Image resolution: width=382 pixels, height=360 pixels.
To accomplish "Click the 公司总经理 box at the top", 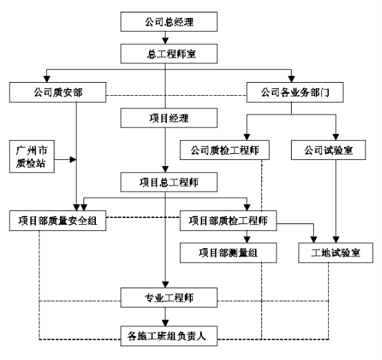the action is point(169,21).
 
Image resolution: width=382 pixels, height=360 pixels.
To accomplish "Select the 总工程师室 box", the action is point(169,54).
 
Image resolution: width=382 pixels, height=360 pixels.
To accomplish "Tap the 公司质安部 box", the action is point(58,92).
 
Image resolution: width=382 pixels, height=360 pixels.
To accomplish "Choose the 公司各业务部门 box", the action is point(295,92).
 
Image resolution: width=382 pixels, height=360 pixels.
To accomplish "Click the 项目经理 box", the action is point(169,118).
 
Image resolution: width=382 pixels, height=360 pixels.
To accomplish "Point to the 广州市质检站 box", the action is point(32,157).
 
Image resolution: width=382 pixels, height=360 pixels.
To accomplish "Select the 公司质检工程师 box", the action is point(225,150).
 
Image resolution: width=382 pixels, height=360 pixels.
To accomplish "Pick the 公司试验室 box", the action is point(328,150).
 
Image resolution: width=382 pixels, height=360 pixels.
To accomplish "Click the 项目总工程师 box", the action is point(169,182).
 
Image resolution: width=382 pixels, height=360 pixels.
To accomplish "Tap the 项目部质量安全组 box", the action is point(58,221).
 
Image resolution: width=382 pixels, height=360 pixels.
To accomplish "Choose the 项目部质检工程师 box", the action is point(228,221).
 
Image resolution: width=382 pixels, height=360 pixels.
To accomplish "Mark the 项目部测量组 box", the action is point(228,252).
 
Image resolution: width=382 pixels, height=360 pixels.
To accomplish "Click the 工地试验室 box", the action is point(336,252).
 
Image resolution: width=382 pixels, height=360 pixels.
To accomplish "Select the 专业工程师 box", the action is point(169,298).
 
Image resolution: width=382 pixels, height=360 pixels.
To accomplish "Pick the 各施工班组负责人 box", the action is point(169,336).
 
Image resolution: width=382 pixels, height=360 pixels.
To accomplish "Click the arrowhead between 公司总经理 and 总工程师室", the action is point(165,41).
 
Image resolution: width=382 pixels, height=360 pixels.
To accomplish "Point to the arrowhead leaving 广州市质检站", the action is point(73,159).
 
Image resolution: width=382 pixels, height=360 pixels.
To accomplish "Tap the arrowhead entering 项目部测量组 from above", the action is point(247,240).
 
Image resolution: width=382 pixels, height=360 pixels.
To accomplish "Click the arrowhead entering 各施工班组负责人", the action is point(165,323).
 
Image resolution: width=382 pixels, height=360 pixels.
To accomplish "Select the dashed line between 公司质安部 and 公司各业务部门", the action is point(177,95).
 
